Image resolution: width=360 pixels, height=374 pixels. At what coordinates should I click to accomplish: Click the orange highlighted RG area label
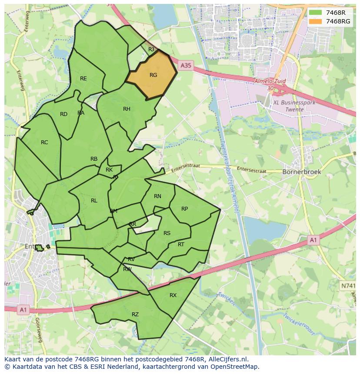153,75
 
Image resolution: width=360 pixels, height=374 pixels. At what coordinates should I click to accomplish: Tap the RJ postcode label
151,50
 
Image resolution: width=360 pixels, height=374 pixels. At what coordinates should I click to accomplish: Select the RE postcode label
83,79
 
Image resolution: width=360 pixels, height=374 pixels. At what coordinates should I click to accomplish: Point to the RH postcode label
127,109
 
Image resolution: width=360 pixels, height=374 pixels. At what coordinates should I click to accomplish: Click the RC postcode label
44,142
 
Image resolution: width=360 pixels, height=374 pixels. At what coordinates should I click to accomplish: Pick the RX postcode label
173,295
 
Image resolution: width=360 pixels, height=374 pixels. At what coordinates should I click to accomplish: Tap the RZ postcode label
135,314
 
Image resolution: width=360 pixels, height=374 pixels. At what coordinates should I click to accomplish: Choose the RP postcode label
184,209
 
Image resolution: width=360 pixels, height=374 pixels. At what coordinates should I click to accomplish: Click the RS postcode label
167,233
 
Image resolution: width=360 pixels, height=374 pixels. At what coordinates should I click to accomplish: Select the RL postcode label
94,201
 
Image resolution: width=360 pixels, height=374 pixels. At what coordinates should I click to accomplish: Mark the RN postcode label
157,196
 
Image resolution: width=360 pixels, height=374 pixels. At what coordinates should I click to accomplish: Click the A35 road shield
186,66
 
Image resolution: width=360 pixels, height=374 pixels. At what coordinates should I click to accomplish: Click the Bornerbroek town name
302,172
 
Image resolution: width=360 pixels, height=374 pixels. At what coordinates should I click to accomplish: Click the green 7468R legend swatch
315,13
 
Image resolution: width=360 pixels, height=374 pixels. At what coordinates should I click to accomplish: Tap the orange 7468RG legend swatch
315,21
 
